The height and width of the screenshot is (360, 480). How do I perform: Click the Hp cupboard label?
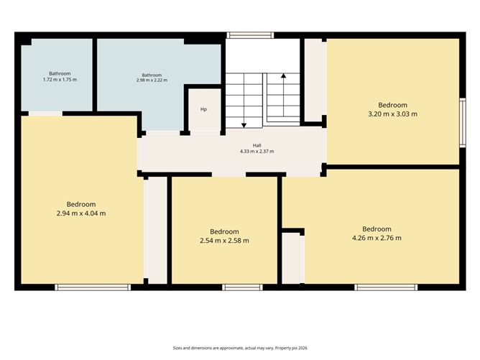pos(203,109)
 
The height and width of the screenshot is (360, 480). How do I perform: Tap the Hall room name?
pos(257,145)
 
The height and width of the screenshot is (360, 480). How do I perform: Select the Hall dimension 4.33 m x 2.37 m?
pos(257,151)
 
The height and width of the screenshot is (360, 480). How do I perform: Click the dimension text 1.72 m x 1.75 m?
pos(60,80)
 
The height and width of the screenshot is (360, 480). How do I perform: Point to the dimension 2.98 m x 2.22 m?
pos(152,80)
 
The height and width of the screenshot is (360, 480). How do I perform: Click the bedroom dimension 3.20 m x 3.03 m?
pos(393,114)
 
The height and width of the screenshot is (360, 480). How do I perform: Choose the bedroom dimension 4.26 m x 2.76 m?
pos(377,238)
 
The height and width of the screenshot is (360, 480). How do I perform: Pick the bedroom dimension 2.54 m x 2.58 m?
pos(224,241)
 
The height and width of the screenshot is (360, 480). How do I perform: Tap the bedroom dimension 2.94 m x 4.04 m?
pos(81,213)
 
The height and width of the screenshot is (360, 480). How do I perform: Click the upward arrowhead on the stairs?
pos(283,75)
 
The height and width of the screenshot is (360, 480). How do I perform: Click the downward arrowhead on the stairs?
pos(244,125)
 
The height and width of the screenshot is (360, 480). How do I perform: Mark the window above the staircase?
pos(250,35)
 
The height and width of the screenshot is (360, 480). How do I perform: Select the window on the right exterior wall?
pos(463,123)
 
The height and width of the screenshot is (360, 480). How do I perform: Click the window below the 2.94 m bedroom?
pos(93,287)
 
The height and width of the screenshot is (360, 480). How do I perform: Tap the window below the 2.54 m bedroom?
pos(242,287)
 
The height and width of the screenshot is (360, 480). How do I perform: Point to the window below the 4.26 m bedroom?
pos(386,287)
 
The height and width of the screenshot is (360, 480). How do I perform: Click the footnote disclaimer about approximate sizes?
pos(240,348)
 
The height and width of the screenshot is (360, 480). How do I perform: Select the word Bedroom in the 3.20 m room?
pos(393,105)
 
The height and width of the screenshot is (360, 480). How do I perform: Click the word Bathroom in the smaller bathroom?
pos(60,73)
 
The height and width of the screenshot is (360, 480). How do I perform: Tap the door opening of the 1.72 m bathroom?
pos(45,114)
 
